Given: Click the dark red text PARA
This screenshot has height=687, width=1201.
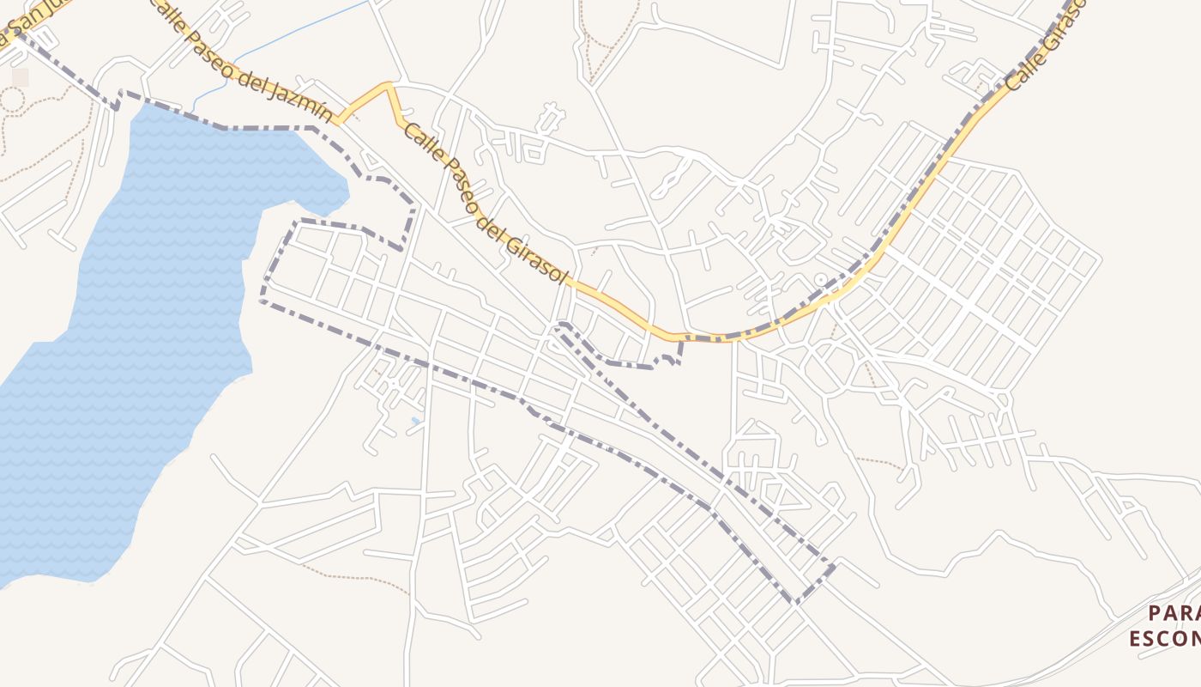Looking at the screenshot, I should click(1174, 613).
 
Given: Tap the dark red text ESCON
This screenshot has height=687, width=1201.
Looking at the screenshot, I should click(1164, 639).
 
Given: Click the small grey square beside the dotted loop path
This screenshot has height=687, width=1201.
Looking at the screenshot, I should click(20, 77).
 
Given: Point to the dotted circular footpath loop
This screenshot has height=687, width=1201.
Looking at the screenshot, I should click(12, 100).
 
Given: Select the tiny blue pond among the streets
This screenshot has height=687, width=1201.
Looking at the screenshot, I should click(415, 421).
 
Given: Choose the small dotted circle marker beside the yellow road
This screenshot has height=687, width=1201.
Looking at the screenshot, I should click(820, 279).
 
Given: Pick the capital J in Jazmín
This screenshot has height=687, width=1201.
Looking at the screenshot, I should click(285, 91).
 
